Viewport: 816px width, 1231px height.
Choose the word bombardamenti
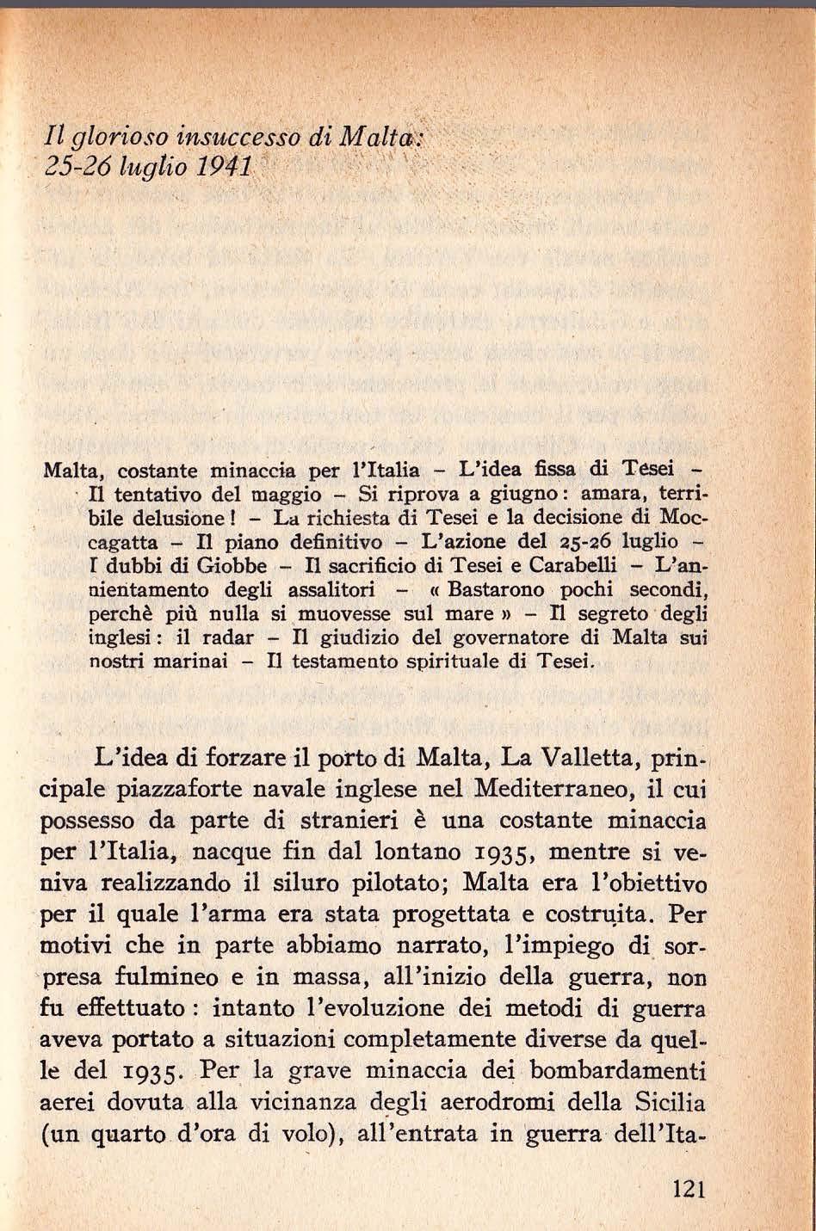(x=623, y=1072)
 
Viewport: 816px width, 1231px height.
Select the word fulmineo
(x=172, y=978)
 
